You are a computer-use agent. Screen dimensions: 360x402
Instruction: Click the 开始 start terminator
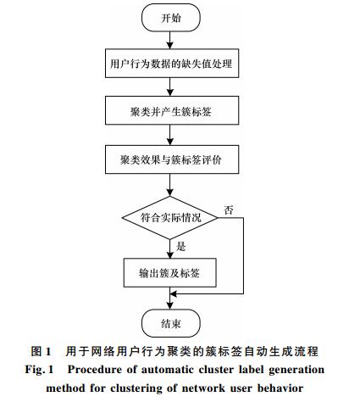pyautogui.click(x=171, y=18)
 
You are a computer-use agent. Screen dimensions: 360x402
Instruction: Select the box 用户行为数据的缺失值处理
pyautogui.click(x=172, y=64)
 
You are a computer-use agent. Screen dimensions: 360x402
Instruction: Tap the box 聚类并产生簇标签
pyautogui.click(x=172, y=110)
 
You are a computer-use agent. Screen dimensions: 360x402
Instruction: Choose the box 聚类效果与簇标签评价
pyautogui.click(x=172, y=159)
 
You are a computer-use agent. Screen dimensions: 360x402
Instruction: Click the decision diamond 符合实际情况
pyautogui.click(x=170, y=218)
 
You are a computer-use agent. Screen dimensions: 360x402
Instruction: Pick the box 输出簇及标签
pyautogui.click(x=170, y=272)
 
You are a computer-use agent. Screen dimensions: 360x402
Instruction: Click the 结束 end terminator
pyautogui.click(x=171, y=323)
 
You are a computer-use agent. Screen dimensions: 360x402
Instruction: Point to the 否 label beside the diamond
pyautogui.click(x=229, y=210)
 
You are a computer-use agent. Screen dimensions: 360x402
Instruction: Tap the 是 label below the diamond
pyautogui.click(x=180, y=246)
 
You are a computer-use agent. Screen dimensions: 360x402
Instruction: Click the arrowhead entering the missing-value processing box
pyautogui.click(x=169, y=45)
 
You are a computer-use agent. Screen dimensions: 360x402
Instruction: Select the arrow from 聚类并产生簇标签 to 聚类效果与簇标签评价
pyautogui.click(x=169, y=135)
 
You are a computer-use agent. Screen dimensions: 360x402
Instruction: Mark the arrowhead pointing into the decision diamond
pyautogui.click(x=169, y=193)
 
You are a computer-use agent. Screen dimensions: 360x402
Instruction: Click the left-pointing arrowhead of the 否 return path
pyautogui.click(x=174, y=294)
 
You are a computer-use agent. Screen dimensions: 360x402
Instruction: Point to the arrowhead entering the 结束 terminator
pyautogui.click(x=169, y=306)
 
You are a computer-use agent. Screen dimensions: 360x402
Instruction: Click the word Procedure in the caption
pyautogui.click(x=95, y=370)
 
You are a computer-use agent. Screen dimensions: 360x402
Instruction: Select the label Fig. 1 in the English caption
pyautogui.click(x=39, y=370)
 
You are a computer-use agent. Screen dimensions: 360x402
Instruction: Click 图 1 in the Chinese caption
pyautogui.click(x=41, y=351)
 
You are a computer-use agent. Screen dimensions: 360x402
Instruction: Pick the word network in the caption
pyautogui.click(x=203, y=388)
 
